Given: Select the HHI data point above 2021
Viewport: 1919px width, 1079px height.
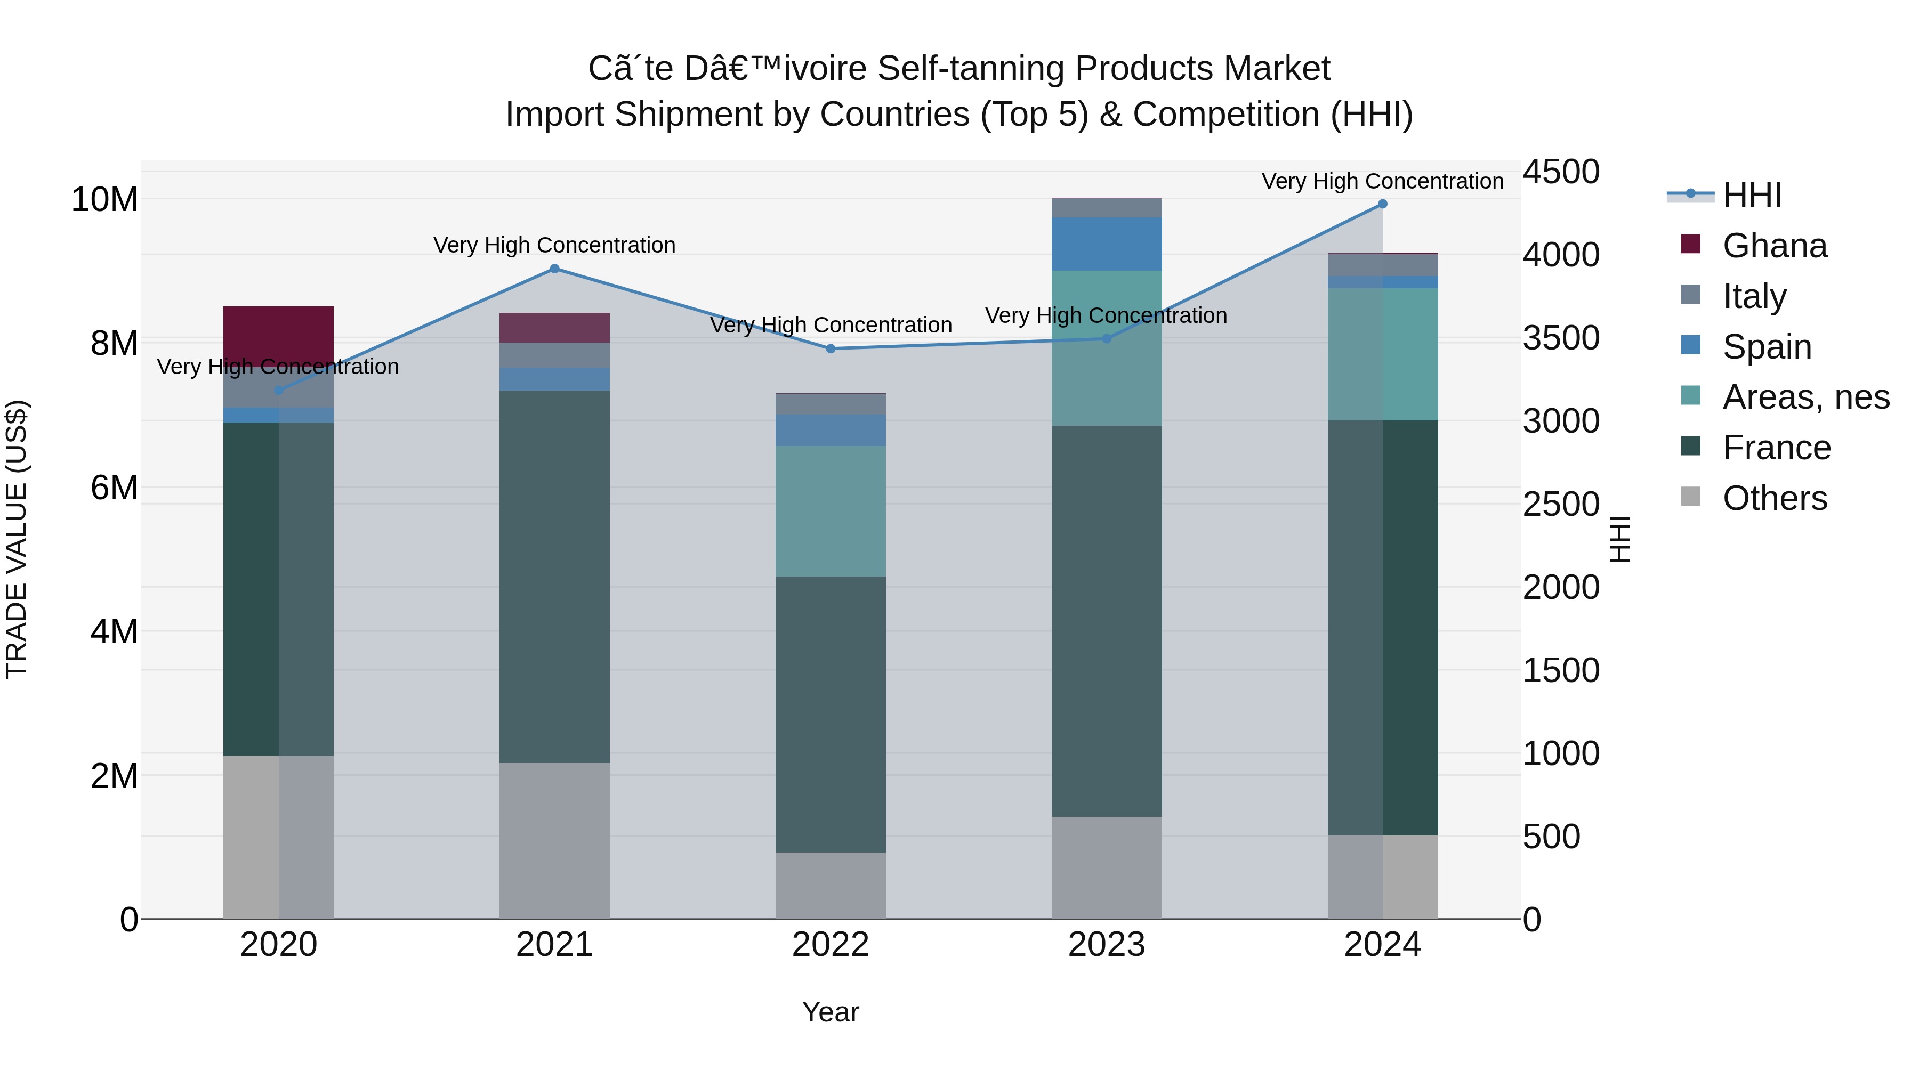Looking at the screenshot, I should pos(554,269).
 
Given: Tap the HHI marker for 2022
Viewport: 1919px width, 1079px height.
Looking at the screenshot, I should pos(831,348).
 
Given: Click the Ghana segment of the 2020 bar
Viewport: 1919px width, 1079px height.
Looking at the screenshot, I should pos(279,336).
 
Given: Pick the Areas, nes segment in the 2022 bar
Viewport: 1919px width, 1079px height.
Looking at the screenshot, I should pos(831,511).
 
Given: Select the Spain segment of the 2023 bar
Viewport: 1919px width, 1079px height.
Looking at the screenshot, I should pos(1106,244).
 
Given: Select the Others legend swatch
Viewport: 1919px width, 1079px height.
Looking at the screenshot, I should pos(1691,497).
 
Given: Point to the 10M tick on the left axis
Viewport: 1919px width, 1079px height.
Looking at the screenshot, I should pos(104,200).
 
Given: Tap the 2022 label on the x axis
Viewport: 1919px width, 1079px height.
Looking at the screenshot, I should pos(831,945).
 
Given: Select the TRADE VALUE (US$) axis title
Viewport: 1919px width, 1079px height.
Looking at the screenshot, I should pos(17,539).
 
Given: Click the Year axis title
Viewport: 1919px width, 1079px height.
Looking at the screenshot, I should pos(831,1012).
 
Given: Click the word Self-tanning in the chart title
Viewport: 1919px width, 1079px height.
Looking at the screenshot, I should pos(971,69).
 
